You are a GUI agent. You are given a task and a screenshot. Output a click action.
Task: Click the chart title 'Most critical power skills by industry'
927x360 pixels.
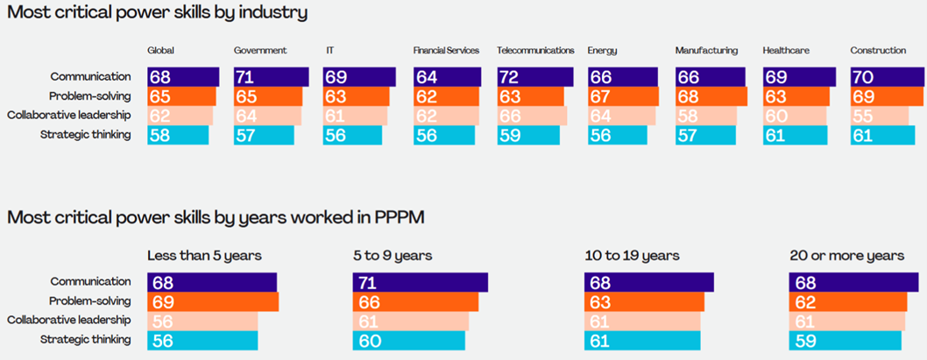coord(158,13)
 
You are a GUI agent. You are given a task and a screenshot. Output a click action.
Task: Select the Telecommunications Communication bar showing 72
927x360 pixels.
coord(534,77)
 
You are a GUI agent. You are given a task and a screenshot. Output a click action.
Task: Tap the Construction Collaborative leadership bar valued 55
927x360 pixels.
coord(878,116)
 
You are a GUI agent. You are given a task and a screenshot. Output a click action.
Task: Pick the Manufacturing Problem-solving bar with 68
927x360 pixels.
coord(711,96)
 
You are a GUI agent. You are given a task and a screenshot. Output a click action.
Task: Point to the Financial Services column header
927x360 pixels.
coord(446,51)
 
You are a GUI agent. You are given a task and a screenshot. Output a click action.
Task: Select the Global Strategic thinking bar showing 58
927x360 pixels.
coord(178,135)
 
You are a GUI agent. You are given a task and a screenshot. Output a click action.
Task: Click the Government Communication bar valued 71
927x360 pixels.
coord(271,77)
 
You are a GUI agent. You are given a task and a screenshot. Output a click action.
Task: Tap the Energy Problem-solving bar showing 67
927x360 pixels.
coord(622,96)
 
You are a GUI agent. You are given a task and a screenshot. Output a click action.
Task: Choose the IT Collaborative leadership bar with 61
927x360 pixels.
coord(355,116)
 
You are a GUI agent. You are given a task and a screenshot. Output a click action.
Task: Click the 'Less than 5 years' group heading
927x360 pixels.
coord(204,256)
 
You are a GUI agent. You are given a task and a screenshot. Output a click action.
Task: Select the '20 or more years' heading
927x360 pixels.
coord(846,256)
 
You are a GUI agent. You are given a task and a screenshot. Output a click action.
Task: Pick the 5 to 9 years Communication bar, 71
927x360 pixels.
coord(420,282)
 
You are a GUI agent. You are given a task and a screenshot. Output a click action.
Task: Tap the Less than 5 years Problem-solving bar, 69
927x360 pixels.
coord(213,301)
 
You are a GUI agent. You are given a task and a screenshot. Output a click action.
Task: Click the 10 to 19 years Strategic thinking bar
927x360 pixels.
coord(642,340)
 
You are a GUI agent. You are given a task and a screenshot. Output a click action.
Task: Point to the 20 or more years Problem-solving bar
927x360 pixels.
coord(848,301)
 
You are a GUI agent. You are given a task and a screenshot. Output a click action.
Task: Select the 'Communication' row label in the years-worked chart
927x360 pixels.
coord(90,282)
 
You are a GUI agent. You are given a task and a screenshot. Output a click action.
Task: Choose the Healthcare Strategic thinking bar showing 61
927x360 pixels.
coord(795,135)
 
